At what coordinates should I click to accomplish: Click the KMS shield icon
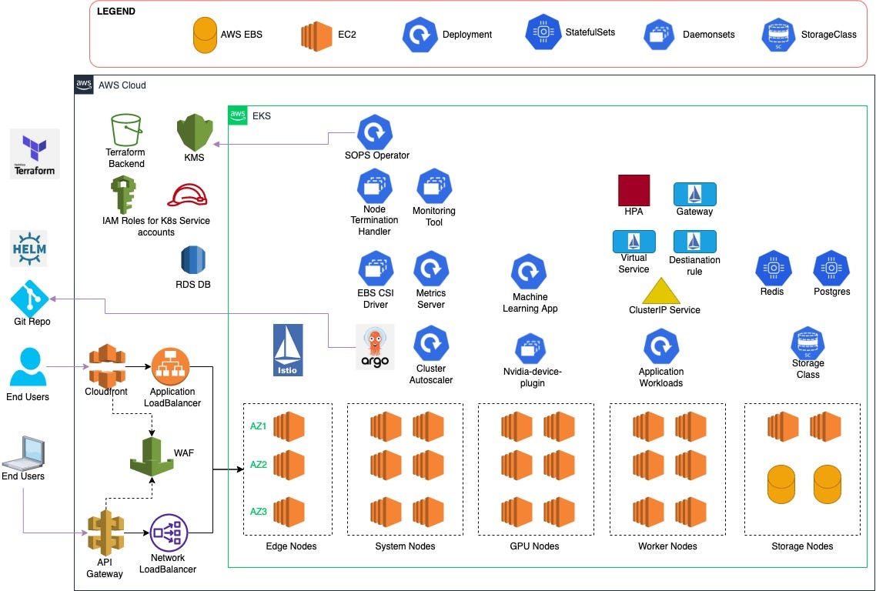click(194, 132)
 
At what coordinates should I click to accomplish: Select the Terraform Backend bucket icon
click(126, 131)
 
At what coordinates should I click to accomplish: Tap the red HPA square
click(634, 190)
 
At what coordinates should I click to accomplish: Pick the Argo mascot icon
click(375, 346)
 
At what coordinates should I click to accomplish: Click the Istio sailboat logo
click(288, 350)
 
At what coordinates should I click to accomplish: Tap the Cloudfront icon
click(107, 365)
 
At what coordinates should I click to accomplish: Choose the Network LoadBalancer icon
click(169, 532)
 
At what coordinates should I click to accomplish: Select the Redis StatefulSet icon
click(771, 269)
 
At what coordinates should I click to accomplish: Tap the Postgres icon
click(831, 269)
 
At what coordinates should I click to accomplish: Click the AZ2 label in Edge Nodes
click(258, 465)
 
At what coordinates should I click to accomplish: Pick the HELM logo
click(29, 249)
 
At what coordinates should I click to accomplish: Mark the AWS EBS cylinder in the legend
click(205, 35)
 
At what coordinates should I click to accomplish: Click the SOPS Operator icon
click(375, 132)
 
